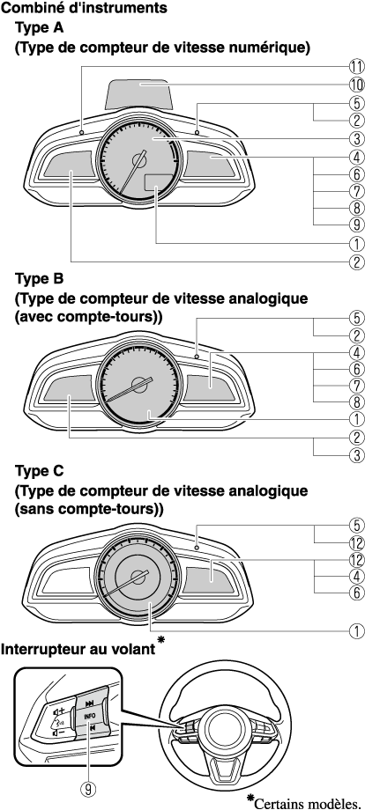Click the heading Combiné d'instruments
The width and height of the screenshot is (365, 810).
pyautogui.click(x=85, y=8)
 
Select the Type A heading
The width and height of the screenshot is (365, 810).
pyautogui.click(x=40, y=27)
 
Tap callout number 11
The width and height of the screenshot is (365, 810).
pyautogui.click(x=355, y=66)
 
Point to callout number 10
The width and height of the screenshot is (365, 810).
pyautogui.click(x=355, y=85)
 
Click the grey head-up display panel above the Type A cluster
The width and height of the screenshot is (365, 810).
pyautogui.click(x=139, y=94)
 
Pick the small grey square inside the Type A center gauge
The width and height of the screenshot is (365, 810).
pyautogui.click(x=157, y=184)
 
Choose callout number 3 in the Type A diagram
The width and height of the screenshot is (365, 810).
pyautogui.click(x=355, y=138)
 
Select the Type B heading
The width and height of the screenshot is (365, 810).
pyautogui.click(x=40, y=279)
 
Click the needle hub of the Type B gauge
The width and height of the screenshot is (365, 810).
pyautogui.click(x=139, y=383)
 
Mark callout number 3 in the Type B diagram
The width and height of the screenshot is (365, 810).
pyautogui.click(x=355, y=455)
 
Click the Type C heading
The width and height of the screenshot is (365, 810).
pyautogui.click(x=40, y=471)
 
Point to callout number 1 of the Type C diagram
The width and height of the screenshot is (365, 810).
pyautogui.click(x=355, y=630)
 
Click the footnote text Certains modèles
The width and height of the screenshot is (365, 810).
pyautogui.click(x=307, y=803)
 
